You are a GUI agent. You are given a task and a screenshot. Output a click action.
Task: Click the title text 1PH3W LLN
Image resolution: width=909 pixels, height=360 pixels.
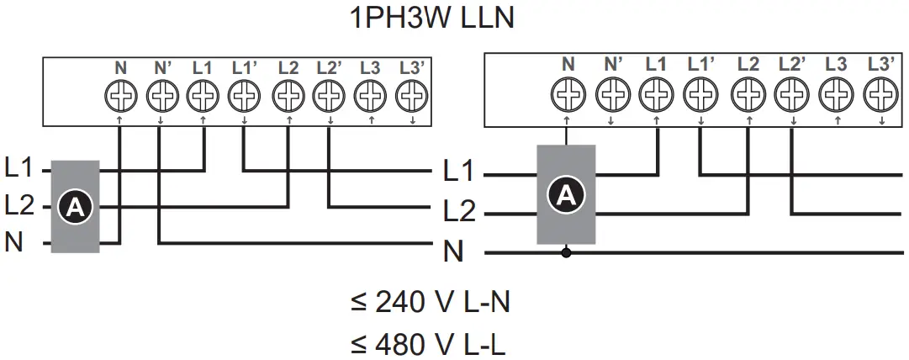[431, 18]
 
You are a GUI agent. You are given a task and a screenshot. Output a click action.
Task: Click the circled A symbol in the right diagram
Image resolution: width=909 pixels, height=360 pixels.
[566, 195]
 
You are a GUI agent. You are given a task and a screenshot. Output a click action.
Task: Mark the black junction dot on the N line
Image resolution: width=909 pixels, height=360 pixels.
[566, 251]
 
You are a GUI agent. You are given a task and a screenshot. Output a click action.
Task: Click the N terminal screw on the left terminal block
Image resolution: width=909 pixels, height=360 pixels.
[120, 98]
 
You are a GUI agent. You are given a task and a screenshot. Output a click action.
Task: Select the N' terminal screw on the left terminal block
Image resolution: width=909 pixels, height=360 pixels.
[161, 98]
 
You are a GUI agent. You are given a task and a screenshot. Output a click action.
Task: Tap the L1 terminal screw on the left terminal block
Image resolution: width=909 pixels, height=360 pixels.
[202, 98]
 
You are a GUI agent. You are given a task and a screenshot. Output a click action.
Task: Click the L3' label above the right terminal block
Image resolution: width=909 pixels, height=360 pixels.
[880, 63]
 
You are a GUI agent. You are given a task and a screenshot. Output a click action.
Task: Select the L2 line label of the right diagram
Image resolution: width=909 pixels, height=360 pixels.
[459, 212]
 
